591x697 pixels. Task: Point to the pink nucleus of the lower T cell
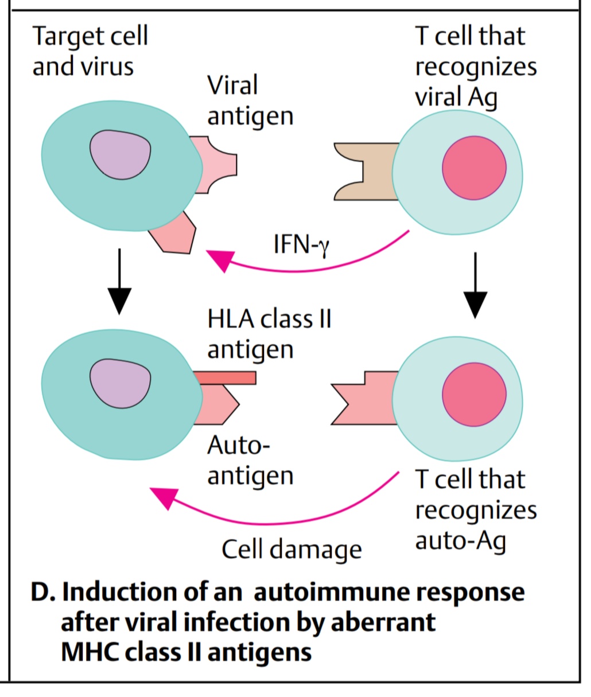474,395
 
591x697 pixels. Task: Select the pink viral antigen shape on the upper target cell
215,165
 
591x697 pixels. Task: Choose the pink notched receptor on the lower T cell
367,398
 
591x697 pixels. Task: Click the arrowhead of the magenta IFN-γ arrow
219,260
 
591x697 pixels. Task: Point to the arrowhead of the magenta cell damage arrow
164,497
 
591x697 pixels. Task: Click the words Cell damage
291,549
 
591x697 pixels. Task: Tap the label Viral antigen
250,100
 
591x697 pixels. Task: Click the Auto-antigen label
250,460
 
